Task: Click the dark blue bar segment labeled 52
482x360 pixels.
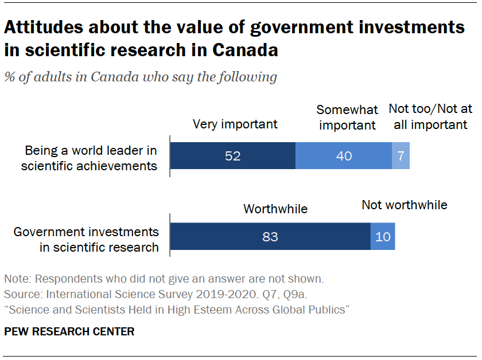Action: click(x=233, y=155)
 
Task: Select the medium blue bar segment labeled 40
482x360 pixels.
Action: click(x=343, y=155)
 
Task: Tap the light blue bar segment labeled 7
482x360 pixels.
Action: click(x=401, y=155)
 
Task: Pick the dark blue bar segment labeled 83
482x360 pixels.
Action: click(x=270, y=236)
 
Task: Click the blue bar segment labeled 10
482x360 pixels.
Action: click(x=383, y=236)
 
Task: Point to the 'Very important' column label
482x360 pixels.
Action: click(x=235, y=124)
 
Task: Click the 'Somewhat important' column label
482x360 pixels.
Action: click(x=347, y=117)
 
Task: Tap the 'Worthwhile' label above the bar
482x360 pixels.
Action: click(x=275, y=209)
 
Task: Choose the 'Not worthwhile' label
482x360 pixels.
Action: click(x=404, y=205)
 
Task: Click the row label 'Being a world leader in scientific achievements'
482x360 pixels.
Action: click(x=90, y=158)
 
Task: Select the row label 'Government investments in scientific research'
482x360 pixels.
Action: click(x=86, y=240)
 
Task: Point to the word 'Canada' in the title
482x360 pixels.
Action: click(x=245, y=50)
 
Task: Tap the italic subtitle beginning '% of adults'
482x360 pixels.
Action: click(x=141, y=77)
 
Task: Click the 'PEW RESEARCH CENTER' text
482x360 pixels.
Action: click(x=69, y=331)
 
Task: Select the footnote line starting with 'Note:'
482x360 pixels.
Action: click(x=164, y=280)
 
